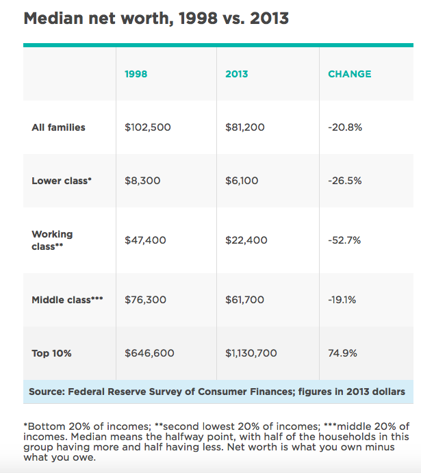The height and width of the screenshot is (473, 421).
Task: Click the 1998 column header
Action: [136, 74]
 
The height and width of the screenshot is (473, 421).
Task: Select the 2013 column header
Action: [237, 74]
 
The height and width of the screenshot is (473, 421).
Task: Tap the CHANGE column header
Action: [350, 74]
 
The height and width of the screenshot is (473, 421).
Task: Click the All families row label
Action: [58, 127]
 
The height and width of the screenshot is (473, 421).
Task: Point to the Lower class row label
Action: [62, 181]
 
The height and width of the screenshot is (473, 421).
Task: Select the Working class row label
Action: [52, 240]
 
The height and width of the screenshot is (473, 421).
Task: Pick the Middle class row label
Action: [67, 300]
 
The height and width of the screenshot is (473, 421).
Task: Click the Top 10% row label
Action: [51, 353]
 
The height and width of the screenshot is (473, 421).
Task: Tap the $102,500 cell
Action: [148, 127]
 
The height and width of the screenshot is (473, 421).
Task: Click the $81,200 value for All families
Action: [245, 127]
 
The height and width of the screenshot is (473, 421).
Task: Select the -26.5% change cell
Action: [345, 181]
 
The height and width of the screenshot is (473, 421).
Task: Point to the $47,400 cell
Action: [145, 240]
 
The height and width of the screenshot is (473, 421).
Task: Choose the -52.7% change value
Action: [344, 240]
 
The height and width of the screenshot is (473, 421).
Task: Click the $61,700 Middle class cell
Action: [244, 300]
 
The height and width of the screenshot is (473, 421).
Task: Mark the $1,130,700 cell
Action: [251, 353]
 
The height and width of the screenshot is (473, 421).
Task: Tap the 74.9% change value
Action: [342, 353]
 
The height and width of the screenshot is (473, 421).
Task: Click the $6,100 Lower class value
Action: [242, 181]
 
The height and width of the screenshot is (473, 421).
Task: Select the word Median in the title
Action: [53, 18]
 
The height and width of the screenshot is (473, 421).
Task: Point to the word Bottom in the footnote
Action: [47, 426]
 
